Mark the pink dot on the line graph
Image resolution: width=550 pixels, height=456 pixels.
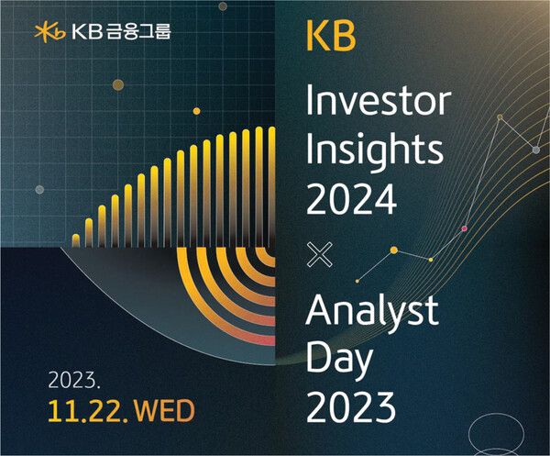coord(464,228)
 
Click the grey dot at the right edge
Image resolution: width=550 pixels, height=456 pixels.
coord(536,150)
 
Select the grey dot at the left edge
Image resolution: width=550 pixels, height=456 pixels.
coord(39,190)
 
